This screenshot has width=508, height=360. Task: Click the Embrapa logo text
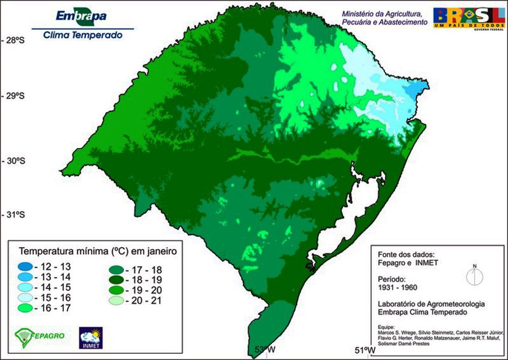pyautogui.click(x=81, y=16)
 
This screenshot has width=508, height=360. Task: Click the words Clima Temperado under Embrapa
pyautogui.click(x=83, y=35)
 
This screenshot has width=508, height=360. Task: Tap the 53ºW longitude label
pyautogui.click(x=265, y=350)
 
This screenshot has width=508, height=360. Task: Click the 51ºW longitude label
pyautogui.click(x=365, y=350)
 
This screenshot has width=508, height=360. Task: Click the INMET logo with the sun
pyautogui.click(x=91, y=338)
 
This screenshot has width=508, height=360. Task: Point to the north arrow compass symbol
pyautogui.click(x=474, y=276)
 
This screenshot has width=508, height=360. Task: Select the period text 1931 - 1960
pyautogui.click(x=395, y=288)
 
